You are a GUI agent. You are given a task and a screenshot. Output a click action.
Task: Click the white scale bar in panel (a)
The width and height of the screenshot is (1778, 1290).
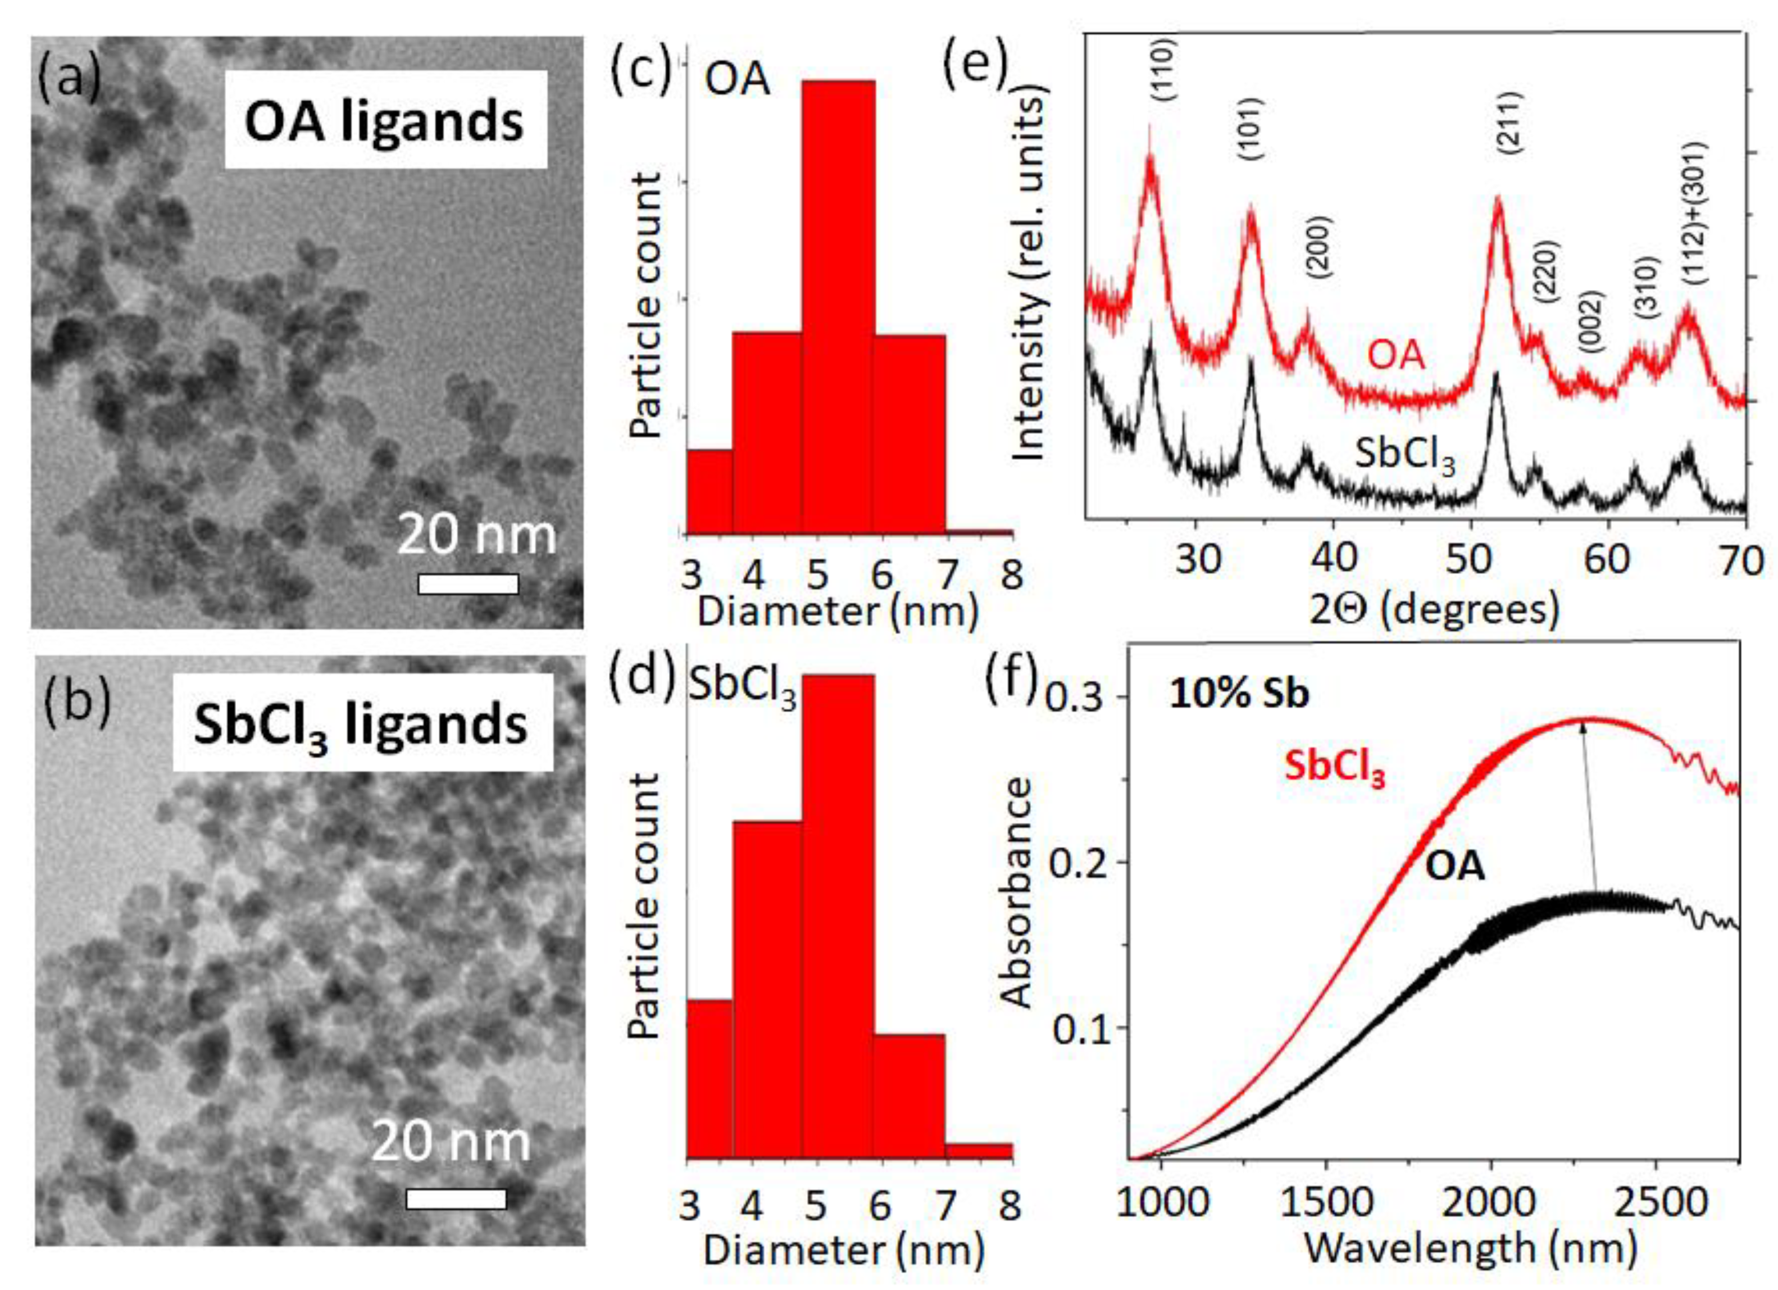tap(468, 583)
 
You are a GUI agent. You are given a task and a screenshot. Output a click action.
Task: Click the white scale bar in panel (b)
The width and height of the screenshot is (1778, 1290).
tap(456, 1198)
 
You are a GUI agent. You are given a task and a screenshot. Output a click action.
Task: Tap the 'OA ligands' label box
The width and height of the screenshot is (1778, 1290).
tap(385, 120)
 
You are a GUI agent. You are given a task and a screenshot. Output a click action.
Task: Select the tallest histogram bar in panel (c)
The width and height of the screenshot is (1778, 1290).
tap(838, 306)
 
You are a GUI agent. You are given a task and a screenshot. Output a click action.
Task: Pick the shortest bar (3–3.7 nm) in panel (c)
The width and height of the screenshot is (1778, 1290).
tap(710, 492)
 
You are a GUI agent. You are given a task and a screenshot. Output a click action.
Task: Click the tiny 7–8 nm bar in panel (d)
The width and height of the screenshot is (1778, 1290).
tap(979, 1151)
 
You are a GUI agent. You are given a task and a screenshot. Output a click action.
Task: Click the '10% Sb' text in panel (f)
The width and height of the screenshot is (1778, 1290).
tap(1239, 694)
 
